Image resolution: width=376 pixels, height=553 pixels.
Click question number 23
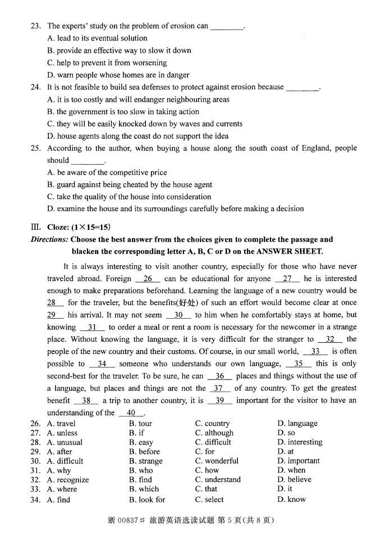(x=35, y=26)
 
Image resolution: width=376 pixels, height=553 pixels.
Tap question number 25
(x=35, y=148)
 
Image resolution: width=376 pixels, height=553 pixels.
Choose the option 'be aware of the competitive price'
(x=107, y=173)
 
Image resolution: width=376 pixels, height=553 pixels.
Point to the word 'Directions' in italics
(x=49, y=239)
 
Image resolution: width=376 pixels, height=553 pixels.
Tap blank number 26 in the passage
(x=148, y=279)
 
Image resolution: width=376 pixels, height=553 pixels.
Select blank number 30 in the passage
(x=178, y=315)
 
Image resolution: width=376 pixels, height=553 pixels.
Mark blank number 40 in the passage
(x=131, y=413)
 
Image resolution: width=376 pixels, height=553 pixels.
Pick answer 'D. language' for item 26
(x=297, y=423)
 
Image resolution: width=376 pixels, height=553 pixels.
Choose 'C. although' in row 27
(x=214, y=433)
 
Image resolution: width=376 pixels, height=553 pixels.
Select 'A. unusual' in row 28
(x=65, y=442)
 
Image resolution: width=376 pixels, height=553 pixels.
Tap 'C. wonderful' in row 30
(x=217, y=461)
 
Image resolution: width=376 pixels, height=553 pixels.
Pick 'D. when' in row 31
(x=291, y=470)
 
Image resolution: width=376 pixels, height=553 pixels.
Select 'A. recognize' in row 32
(x=67, y=480)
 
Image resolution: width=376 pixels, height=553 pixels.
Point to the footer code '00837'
(x=130, y=520)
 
